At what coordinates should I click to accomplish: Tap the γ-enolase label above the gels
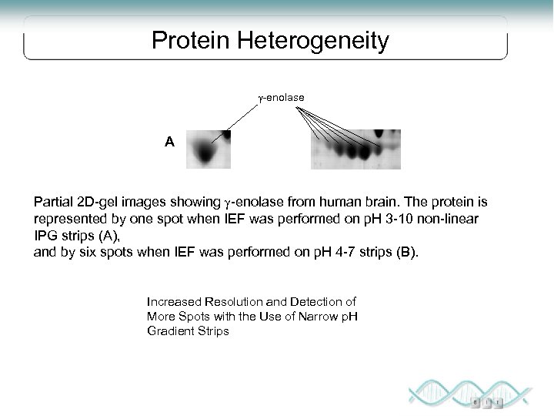click(x=281, y=98)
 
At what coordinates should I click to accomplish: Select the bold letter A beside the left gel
click(x=169, y=142)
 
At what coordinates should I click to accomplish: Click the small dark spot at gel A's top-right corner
click(x=226, y=134)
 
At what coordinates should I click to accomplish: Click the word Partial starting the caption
click(x=55, y=202)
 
